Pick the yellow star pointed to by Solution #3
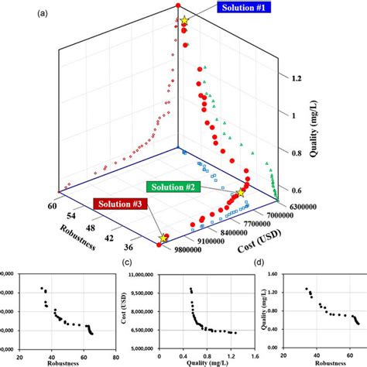pyautogui.click(x=163, y=238)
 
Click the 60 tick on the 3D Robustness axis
pyautogui.click(x=53, y=206)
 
